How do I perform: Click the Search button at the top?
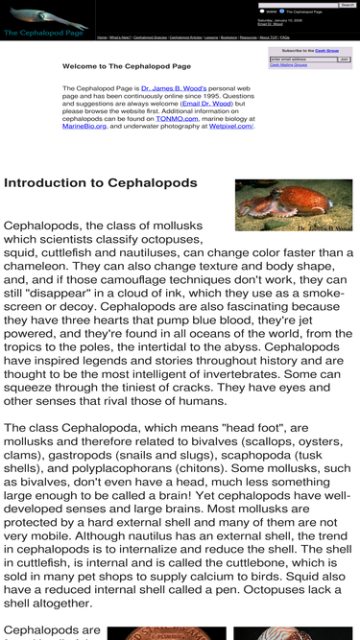(x=348, y=5)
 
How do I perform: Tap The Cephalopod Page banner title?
(x=43, y=33)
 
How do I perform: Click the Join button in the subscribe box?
(x=345, y=59)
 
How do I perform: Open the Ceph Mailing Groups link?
(x=288, y=65)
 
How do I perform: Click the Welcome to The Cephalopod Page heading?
(x=126, y=66)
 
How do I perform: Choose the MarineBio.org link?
(x=84, y=127)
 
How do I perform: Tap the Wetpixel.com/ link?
(x=230, y=127)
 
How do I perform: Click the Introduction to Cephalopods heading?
(x=101, y=182)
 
